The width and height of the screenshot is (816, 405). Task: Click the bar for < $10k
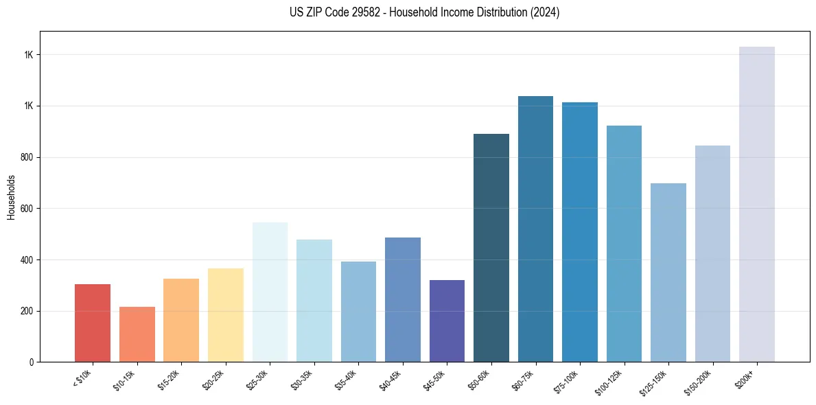pyautogui.click(x=93, y=323)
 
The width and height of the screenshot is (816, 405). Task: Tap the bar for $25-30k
pyautogui.click(x=270, y=292)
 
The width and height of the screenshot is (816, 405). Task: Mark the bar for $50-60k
pyautogui.click(x=491, y=248)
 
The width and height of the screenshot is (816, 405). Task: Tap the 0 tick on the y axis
pyautogui.click(x=32, y=362)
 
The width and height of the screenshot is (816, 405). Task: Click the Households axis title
pyautogui.click(x=11, y=196)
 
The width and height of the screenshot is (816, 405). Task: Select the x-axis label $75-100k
pyautogui.click(x=567, y=381)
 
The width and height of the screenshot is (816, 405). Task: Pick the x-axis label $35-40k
pyautogui.click(x=346, y=380)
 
